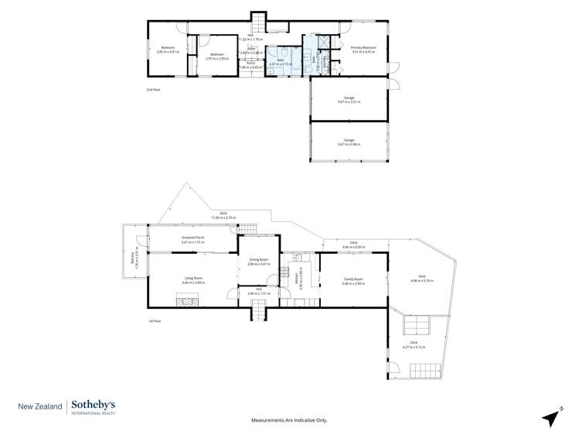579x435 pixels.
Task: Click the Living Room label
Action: [192, 280]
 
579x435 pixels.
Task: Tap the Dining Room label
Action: [258, 262]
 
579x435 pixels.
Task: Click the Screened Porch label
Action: [192, 239]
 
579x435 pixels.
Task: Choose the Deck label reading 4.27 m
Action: [414, 345]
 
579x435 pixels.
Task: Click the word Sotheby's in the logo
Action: [94, 404]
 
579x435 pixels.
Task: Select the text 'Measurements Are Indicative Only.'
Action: [289, 420]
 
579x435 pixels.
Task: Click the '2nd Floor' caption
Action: [153, 90]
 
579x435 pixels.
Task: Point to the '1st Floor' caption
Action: [154, 320]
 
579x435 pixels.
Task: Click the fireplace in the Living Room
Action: [187, 303]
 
